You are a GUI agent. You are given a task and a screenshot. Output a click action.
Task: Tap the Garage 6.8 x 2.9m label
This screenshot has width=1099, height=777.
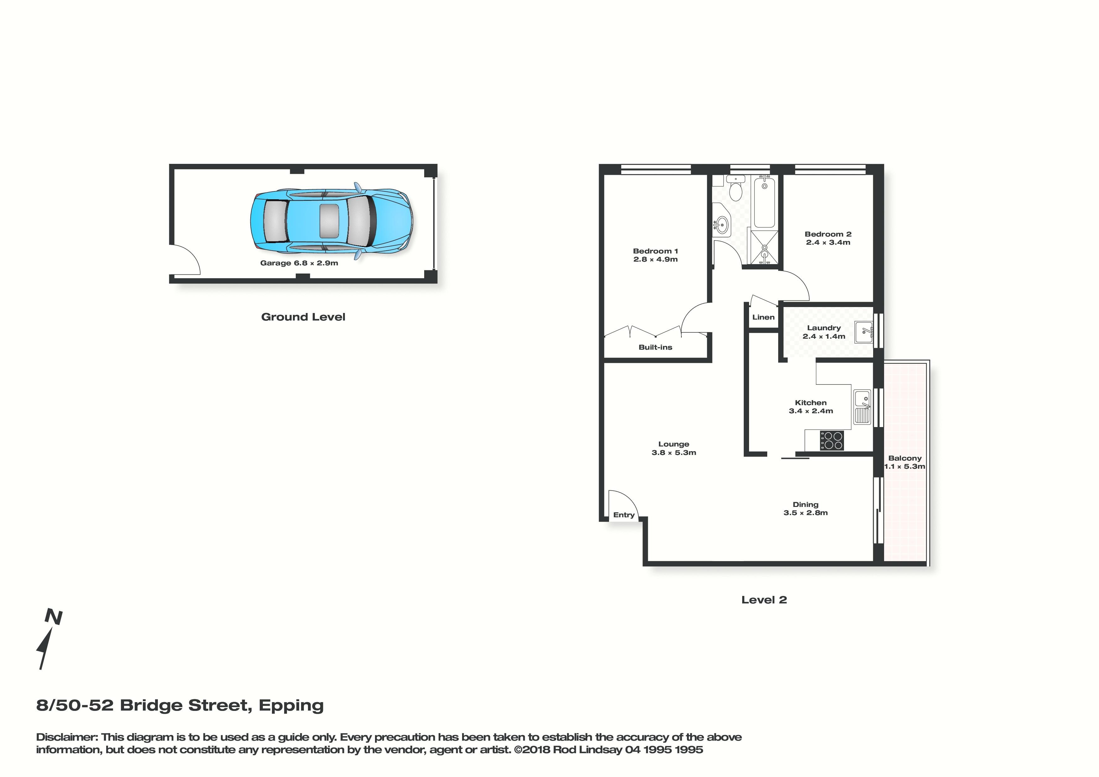pos(299,263)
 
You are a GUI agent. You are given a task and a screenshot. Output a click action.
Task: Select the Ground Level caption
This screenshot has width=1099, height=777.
pos(303,317)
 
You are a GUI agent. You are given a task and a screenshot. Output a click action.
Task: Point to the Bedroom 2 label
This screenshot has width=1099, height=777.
pos(828,234)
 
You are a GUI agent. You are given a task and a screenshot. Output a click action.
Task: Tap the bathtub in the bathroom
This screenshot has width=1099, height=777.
pos(764,201)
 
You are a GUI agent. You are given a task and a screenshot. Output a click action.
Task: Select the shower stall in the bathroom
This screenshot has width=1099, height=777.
pos(764,247)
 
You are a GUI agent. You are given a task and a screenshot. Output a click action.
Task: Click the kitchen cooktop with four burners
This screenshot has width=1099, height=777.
pos(832,441)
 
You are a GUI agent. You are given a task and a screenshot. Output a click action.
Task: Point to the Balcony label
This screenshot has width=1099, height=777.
pos(905,458)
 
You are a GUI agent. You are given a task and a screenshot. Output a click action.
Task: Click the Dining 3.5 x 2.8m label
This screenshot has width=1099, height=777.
pos(805,508)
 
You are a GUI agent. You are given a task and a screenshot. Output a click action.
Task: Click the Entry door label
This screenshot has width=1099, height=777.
pos(624,515)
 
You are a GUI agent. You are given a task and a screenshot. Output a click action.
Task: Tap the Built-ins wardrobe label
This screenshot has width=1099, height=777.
pos(655,347)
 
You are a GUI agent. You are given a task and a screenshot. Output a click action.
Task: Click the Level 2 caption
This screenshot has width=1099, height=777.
pos(764,600)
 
